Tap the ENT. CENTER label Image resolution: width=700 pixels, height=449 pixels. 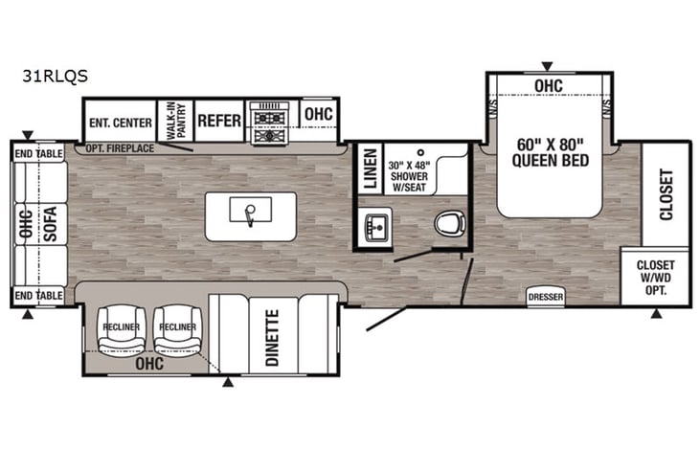click(x=120, y=123)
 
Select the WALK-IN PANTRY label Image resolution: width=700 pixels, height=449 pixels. click(x=175, y=122)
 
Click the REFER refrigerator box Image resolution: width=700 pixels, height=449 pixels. click(x=218, y=122)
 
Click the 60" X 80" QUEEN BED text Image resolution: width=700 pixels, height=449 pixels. click(x=549, y=152)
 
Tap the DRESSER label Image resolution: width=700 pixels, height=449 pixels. click(x=546, y=298)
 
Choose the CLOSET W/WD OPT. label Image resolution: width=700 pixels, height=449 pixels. click(x=655, y=277)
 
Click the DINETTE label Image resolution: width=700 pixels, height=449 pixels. click(x=272, y=338)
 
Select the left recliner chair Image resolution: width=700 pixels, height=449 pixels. click(x=122, y=328)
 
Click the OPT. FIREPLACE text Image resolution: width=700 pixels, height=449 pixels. click(x=120, y=148)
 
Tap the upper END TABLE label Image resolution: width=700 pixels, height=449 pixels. click(x=38, y=152)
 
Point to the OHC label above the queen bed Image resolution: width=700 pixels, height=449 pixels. click(x=548, y=87)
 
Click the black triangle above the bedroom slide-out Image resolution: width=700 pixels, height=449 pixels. click(x=547, y=66)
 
